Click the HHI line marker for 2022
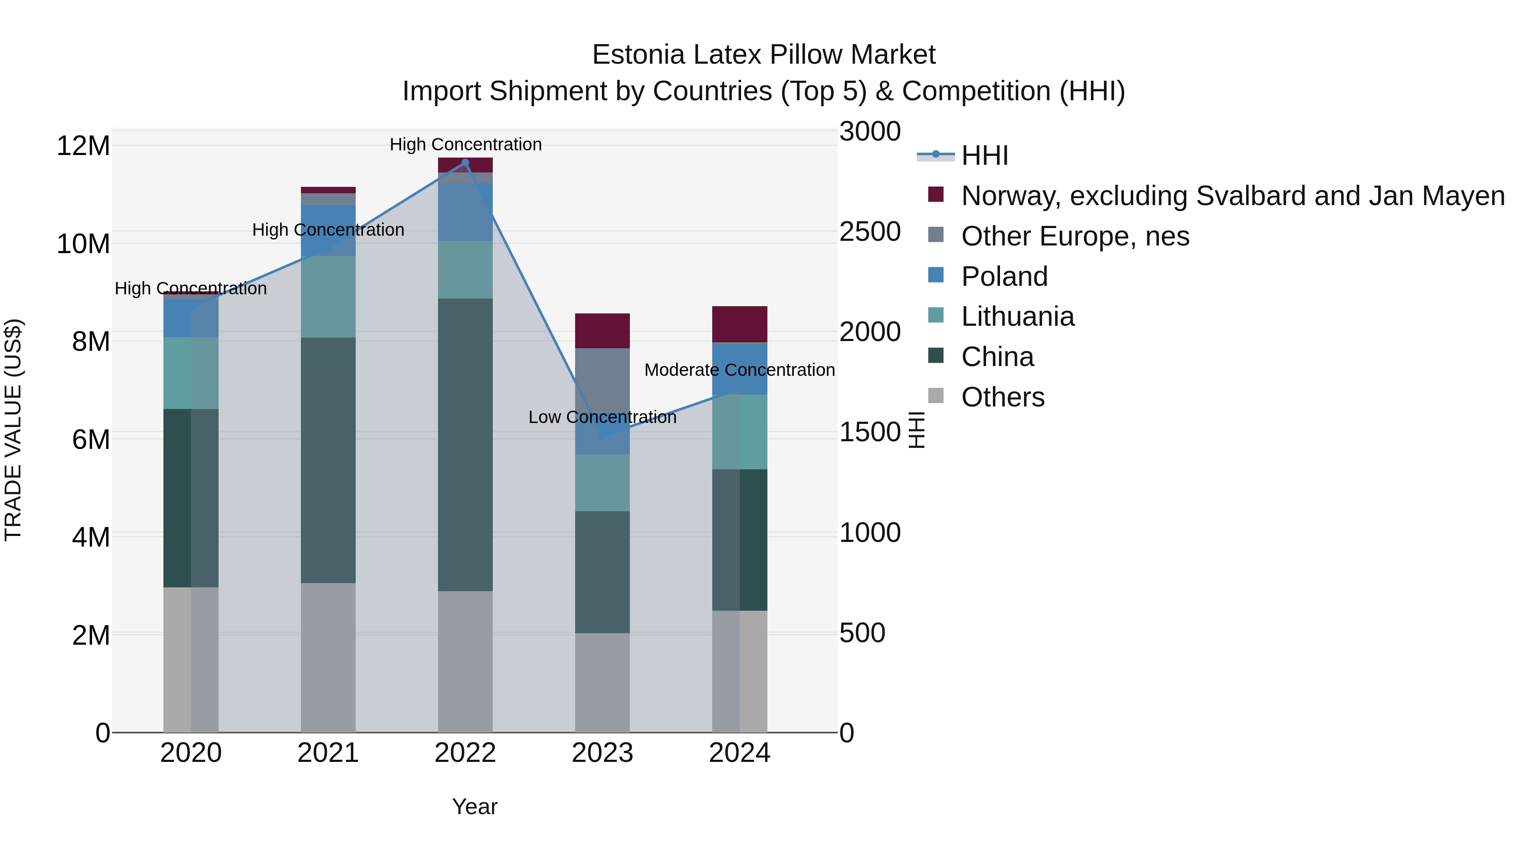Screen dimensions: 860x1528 [465, 163]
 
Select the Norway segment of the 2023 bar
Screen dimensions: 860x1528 [602, 330]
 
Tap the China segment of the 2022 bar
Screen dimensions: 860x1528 [465, 445]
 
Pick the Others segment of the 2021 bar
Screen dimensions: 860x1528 [328, 657]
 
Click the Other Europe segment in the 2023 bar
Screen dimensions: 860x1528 [602, 380]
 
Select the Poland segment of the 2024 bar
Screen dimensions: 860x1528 [740, 368]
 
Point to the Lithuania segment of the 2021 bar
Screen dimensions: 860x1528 [328, 297]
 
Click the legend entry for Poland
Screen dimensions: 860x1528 [1004, 276]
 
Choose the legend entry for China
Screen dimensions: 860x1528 [997, 357]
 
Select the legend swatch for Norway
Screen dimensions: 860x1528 [935, 195]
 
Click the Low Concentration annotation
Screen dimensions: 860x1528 [602, 417]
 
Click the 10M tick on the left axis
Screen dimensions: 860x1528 [83, 244]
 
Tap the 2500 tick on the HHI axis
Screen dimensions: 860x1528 [870, 231]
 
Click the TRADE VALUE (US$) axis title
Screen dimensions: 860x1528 [13, 430]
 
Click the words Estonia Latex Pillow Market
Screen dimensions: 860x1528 [764, 55]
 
